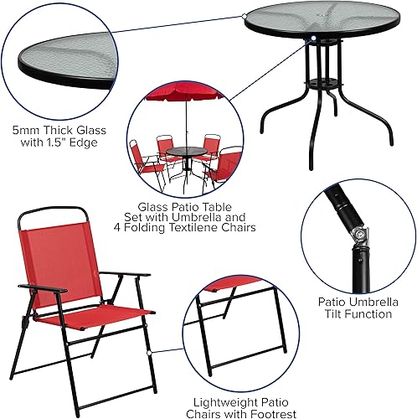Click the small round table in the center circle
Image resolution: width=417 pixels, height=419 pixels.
[183, 153]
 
